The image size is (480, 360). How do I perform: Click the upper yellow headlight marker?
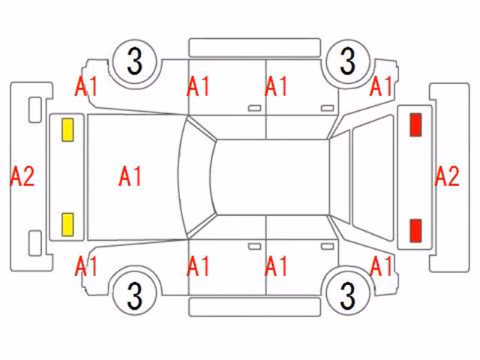point(67,130)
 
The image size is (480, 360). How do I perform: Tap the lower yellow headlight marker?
point(67,225)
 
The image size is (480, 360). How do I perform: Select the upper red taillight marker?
point(415,124)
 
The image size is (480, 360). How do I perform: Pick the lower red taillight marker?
point(415,230)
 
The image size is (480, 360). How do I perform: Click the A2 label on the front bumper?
point(22,177)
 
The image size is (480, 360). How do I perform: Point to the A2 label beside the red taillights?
point(447,176)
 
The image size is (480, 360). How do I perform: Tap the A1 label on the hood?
point(130,176)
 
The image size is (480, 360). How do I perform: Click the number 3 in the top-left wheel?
point(135,61)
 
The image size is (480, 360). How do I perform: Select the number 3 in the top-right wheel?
point(348,61)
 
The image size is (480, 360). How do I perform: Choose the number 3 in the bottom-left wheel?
point(135,295)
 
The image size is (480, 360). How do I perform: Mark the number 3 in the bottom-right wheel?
point(348,295)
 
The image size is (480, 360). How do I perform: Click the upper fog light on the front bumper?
point(35,110)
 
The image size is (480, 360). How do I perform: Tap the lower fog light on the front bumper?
point(35,243)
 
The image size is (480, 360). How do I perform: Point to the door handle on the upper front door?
point(254,108)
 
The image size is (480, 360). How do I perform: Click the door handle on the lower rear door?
point(327,247)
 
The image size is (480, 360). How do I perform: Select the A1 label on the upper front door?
point(198,86)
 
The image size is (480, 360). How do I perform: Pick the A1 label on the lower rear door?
point(276,266)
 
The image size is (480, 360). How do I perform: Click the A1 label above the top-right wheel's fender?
point(381,86)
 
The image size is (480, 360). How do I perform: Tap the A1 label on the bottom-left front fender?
point(86,266)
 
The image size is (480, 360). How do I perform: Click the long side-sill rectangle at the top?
point(255,47)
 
